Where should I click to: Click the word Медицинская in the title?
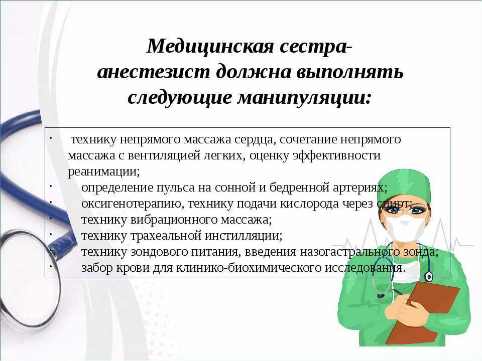[x=210, y=47]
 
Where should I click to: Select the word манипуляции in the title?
[x=304, y=98]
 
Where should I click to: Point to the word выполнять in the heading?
[x=350, y=72]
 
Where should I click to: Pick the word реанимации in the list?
[x=103, y=171]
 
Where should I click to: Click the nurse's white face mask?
[x=405, y=229]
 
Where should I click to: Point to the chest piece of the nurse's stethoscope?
[x=428, y=277]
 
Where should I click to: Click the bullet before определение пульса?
[x=50, y=186]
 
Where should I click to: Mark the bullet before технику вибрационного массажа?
[x=50, y=218]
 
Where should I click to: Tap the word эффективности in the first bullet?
[x=336, y=155]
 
